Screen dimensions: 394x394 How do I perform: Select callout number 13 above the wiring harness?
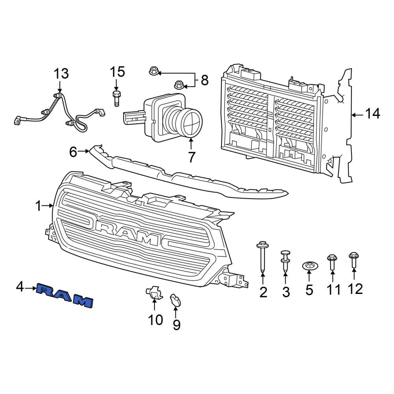point(61,74)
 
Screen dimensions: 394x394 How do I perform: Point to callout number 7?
point(191,157)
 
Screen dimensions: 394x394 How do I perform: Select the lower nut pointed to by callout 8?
point(178,84)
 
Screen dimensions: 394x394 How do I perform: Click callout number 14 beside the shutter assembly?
point(372,114)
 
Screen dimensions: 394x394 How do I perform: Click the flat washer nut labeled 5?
point(309,266)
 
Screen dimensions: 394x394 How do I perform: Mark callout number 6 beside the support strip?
point(73,152)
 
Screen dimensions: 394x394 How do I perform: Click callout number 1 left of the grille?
point(38,206)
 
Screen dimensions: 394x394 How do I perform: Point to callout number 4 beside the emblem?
point(20,288)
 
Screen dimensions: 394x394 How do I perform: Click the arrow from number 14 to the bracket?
point(357,115)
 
